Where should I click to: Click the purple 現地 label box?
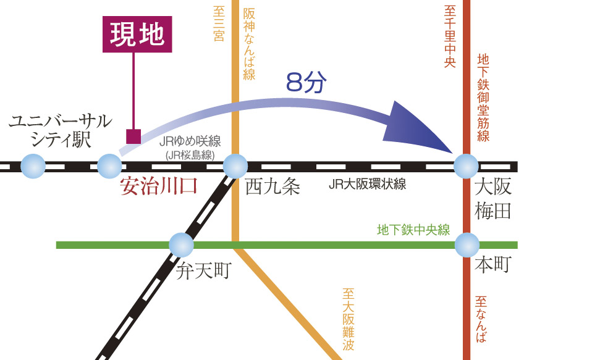(x=137, y=35)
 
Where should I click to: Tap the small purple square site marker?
(x=133, y=136)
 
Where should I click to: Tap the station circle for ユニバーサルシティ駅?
(x=33, y=166)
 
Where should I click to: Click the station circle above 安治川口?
(x=110, y=166)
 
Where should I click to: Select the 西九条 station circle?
(x=235, y=166)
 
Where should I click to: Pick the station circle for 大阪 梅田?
(x=466, y=166)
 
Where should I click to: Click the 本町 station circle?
(x=467, y=245)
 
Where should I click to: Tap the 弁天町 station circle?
(x=181, y=245)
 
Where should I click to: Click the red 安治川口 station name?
(x=158, y=186)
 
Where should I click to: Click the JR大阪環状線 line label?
(x=368, y=185)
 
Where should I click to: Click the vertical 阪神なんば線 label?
(x=249, y=44)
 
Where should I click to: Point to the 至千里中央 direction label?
(x=450, y=36)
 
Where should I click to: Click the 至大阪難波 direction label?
(x=348, y=319)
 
